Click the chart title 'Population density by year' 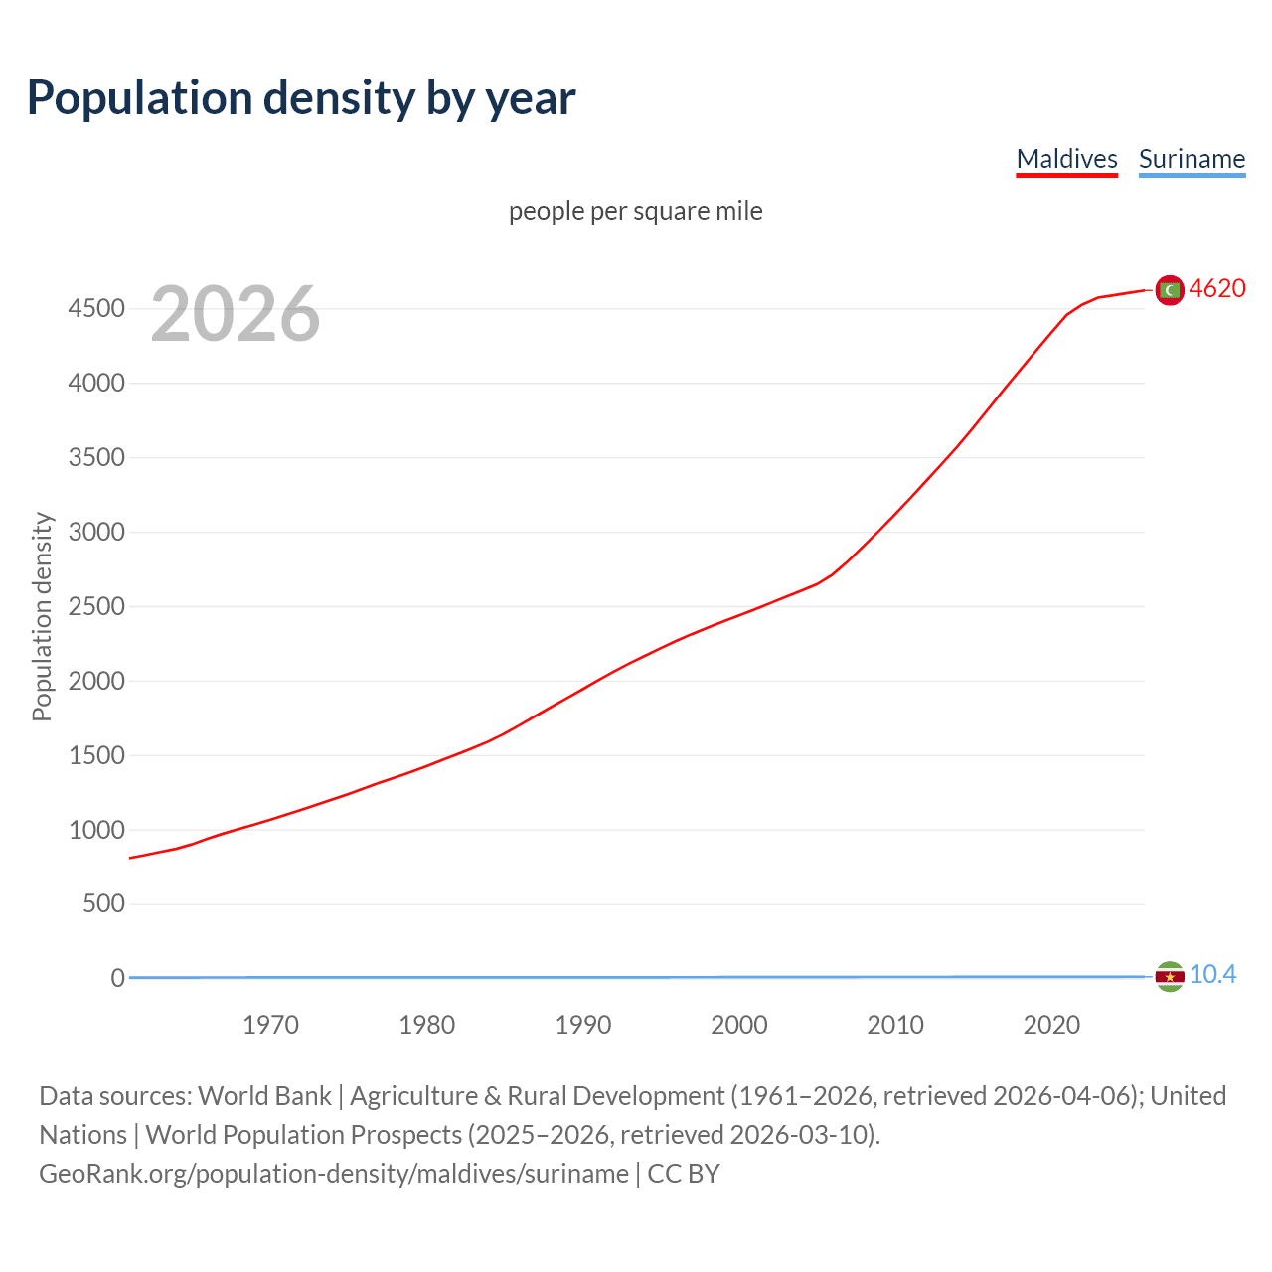(301, 98)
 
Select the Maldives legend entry (1066, 159)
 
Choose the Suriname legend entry (1192, 159)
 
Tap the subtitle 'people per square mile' (635, 211)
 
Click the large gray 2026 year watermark (236, 314)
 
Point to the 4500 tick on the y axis (96, 309)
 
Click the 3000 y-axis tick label (96, 532)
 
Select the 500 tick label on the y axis (104, 903)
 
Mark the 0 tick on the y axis (117, 978)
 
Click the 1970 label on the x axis (270, 1025)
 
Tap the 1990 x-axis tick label (583, 1025)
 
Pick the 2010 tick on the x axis (895, 1025)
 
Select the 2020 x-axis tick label (1051, 1025)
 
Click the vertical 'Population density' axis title (42, 616)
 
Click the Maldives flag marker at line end (1170, 289)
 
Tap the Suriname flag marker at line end (1170, 977)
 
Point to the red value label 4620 (1217, 288)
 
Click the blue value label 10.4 (1212, 975)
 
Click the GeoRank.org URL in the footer (334, 1174)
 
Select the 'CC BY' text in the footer (684, 1174)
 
